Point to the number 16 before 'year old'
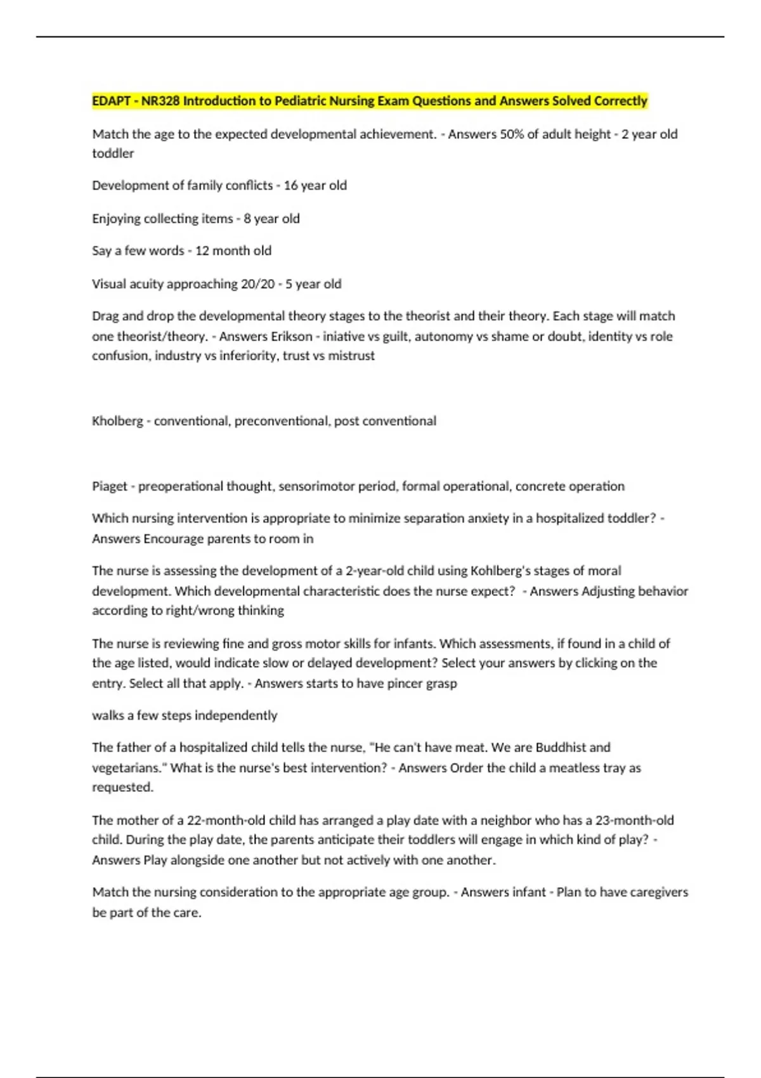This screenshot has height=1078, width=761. point(290,186)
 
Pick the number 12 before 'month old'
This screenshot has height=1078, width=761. point(202,251)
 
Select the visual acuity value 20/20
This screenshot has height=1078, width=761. point(257,284)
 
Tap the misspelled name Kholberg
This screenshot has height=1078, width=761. point(117,421)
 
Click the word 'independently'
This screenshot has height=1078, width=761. point(236,716)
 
